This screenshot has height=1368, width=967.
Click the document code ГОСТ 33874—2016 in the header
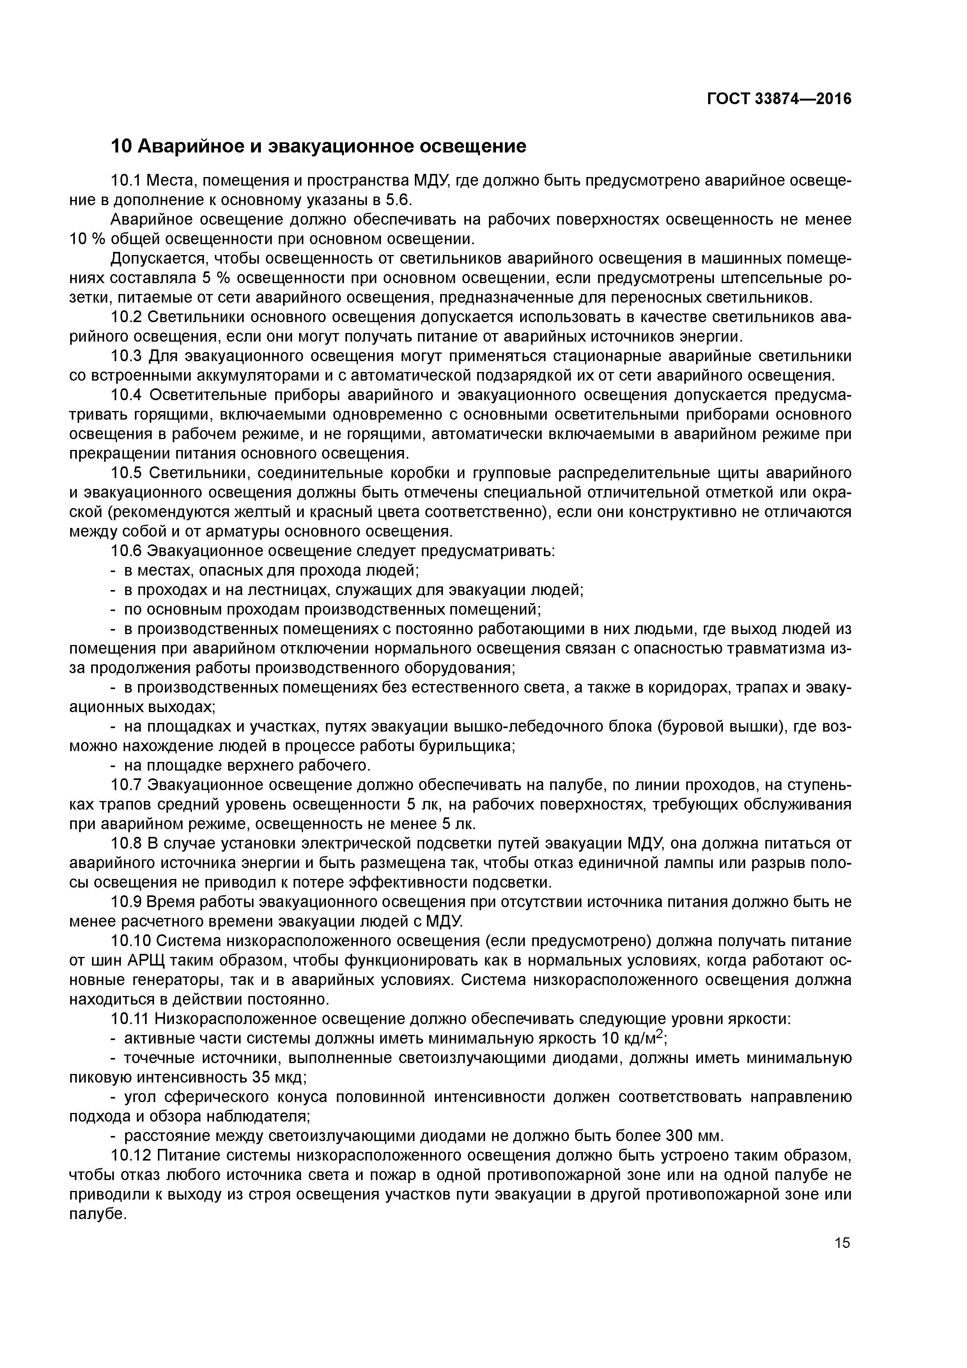(779, 99)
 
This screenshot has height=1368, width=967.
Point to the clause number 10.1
(126, 181)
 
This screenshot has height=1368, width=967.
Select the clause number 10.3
(126, 356)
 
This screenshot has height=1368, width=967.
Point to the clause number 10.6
(126, 551)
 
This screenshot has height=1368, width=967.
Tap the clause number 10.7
(126, 785)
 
